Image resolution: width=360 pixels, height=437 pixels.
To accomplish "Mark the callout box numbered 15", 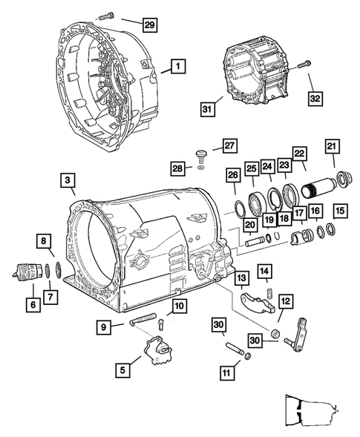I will (x=340, y=211).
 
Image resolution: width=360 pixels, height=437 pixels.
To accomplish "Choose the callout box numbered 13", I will (x=242, y=278).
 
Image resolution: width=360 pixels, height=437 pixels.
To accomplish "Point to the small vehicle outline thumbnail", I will (x=309, y=411).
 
